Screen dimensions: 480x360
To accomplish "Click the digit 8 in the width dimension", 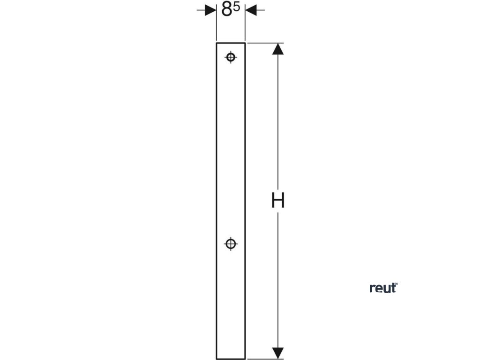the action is (x=227, y=10).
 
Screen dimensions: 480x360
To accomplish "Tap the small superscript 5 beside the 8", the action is (x=237, y=7).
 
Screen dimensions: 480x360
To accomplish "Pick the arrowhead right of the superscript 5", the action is (x=251, y=10).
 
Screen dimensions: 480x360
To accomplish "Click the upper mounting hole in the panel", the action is (x=230, y=57).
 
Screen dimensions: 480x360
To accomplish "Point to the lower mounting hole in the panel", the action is (x=230, y=244).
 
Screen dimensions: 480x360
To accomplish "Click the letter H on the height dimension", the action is (x=278, y=201).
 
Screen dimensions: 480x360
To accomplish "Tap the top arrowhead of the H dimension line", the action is (x=278, y=49).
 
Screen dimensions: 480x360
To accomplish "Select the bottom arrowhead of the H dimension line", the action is (x=278, y=353).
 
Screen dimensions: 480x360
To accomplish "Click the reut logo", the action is (x=383, y=288).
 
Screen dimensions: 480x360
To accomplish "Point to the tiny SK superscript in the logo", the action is (x=396, y=284).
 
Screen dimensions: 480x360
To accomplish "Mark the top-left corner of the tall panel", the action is (x=216, y=43).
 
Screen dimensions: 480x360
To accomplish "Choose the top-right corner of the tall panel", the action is (x=245, y=43).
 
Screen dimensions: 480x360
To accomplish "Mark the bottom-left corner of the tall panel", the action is (x=216, y=359).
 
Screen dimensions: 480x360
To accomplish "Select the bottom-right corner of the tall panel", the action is (x=245, y=359).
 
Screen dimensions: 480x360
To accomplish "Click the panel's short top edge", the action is (x=231, y=43).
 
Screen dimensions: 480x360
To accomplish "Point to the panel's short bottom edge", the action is (x=231, y=359).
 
